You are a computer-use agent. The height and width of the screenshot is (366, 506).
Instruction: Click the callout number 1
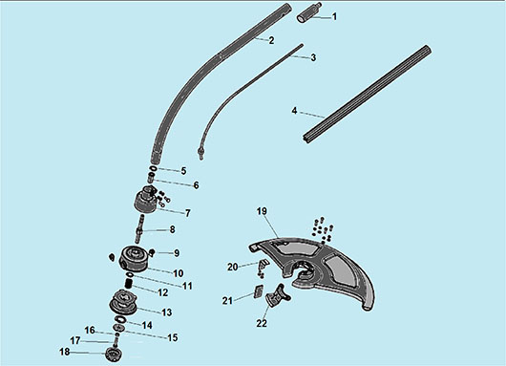click(334, 16)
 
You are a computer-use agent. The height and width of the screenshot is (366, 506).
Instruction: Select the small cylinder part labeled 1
click(308, 13)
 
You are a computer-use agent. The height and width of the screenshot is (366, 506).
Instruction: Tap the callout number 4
click(294, 111)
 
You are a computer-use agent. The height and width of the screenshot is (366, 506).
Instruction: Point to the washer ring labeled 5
click(154, 168)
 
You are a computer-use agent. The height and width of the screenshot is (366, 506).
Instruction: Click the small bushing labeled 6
click(151, 178)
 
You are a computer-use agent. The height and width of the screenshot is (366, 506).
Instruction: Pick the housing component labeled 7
click(145, 200)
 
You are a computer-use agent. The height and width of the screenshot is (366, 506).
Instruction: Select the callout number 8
click(172, 229)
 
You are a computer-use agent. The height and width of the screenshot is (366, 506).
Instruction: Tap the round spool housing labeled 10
click(134, 258)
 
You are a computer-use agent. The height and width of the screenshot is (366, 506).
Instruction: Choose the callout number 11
click(187, 286)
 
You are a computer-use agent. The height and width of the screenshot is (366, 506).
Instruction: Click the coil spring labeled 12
click(129, 284)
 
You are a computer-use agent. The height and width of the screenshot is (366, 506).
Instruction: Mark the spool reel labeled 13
click(123, 303)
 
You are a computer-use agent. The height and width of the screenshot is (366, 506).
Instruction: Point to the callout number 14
click(147, 325)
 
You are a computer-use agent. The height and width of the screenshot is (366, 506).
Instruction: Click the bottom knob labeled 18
click(114, 354)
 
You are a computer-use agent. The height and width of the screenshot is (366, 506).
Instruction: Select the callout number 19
click(262, 211)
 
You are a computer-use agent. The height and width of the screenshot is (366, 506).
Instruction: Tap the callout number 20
click(233, 268)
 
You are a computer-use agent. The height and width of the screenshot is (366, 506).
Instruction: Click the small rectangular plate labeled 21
click(259, 291)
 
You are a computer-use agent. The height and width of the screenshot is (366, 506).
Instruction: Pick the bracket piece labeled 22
click(277, 295)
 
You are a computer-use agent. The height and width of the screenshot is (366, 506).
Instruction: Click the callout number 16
click(90, 331)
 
